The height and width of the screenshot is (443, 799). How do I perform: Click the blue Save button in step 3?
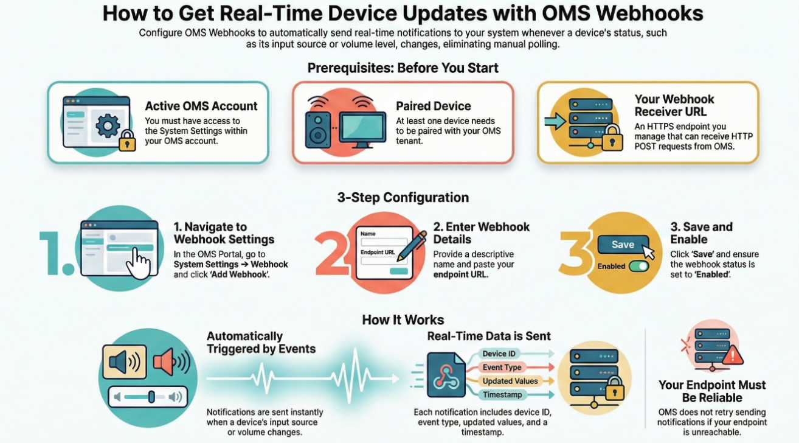coord(623,245)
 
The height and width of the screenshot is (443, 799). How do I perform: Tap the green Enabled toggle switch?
coord(639,267)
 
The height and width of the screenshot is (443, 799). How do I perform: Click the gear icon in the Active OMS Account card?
coord(108,125)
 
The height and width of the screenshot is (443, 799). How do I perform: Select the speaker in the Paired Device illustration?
coord(318,130)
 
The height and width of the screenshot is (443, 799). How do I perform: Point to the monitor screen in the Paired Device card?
coord(362,127)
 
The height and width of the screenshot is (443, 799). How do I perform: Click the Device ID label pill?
coord(499,354)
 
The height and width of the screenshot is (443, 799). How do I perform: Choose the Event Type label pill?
coord(502,368)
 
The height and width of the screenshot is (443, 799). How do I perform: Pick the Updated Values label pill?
coord(510,381)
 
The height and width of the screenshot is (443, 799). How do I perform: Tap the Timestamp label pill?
coord(502,395)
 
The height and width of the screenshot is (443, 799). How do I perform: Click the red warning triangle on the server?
coord(733,355)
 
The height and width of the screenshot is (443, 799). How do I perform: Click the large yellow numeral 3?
coord(575,253)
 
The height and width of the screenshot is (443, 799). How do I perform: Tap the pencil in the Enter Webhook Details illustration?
coord(412,246)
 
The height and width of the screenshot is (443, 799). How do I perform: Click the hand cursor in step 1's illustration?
coord(139,263)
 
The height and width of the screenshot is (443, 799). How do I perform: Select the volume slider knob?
coord(151,397)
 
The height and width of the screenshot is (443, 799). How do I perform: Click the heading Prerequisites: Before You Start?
coord(403,68)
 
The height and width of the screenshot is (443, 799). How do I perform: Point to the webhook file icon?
coord(446,375)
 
